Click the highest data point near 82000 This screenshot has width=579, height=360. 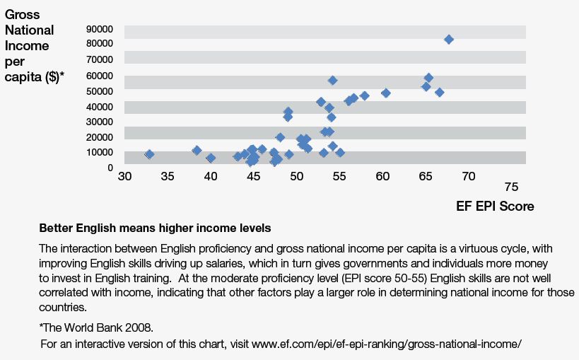point(448,40)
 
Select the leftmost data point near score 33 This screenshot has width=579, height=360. point(149,154)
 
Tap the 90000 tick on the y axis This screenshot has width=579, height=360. point(100,29)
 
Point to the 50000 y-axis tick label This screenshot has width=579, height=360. point(100,91)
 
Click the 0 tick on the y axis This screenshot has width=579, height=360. point(110,168)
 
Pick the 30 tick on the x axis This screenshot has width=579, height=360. point(125,176)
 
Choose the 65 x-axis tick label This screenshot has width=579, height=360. point(426,176)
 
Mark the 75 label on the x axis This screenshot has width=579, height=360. point(511,187)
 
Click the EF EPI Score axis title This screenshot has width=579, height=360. point(495,207)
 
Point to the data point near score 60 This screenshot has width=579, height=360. point(385,93)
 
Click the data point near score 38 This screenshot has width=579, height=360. point(197,150)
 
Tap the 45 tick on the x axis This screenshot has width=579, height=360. point(253,176)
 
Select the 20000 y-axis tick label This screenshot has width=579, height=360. point(100,137)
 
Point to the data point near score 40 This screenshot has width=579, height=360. point(211,158)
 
